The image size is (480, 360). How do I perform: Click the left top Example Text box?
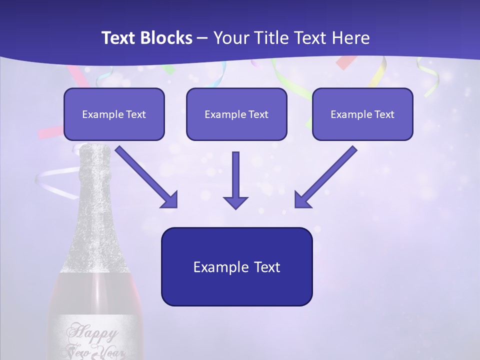point(114,114)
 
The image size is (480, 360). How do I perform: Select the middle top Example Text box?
point(236,114)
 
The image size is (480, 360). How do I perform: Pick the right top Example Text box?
point(362,114)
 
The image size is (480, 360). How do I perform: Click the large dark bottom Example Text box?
point(236,266)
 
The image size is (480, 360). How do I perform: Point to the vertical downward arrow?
point(235,180)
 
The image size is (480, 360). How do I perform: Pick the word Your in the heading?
point(229,38)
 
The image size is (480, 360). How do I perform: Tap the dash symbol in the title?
point(202,38)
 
